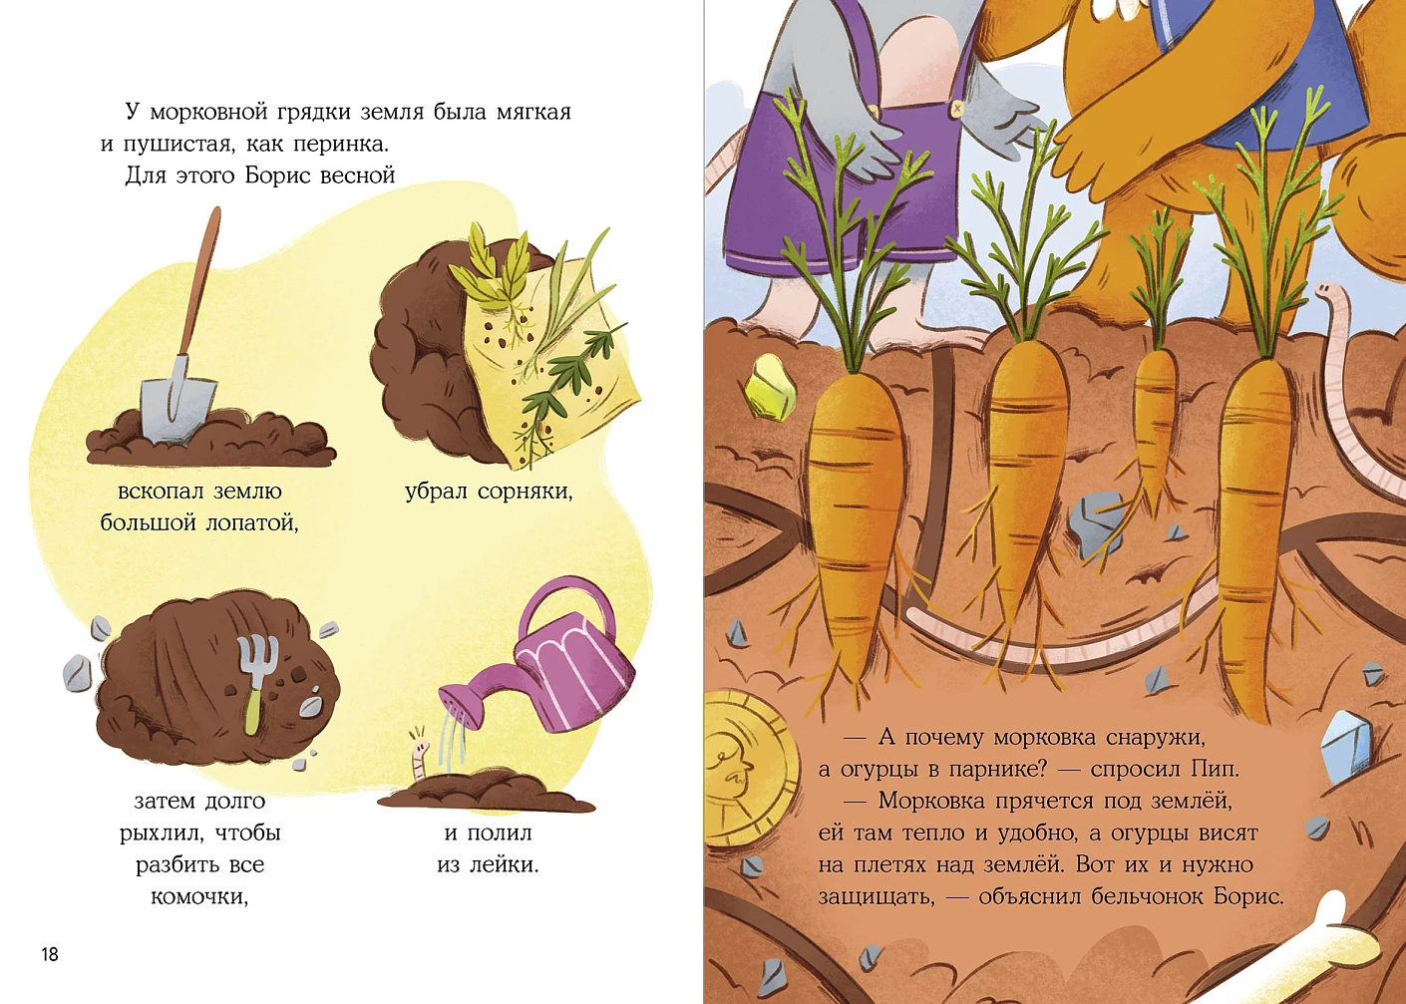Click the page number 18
(50, 954)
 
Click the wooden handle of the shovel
(198, 283)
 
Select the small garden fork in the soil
(256, 683)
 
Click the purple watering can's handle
(568, 602)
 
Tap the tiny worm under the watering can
(418, 760)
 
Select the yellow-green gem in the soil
(770, 387)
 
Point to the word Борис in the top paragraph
(277, 175)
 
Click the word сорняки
(526, 492)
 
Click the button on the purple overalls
(956, 110)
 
